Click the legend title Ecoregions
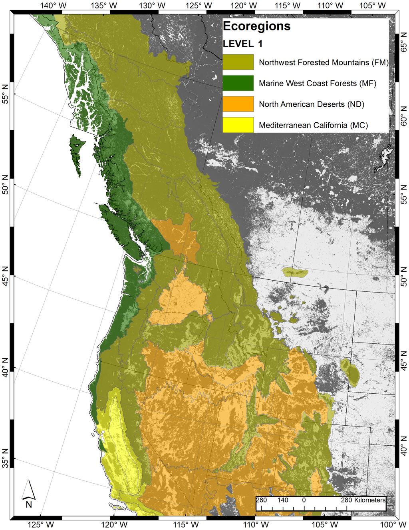click(256, 26)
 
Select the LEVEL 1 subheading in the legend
click(242, 44)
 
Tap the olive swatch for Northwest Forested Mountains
click(238, 62)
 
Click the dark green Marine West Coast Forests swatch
click(238, 83)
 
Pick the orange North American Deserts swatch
click(238, 104)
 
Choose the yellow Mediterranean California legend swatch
click(238, 125)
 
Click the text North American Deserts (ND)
click(312, 104)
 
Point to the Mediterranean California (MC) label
click(313, 125)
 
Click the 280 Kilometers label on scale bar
click(363, 500)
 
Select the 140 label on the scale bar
click(283, 500)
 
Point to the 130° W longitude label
click(152, 6)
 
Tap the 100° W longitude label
click(393, 525)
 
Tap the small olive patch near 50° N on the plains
click(295, 273)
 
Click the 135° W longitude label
click(104, 6)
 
